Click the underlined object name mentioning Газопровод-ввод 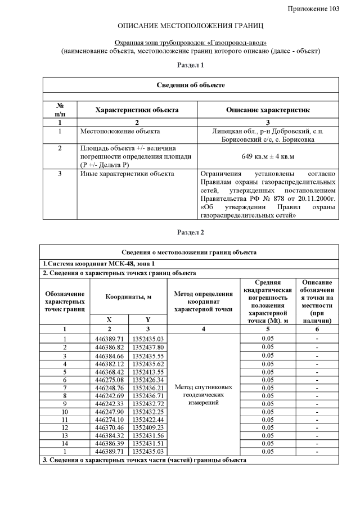tap(190, 43)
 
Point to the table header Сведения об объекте tap(190, 85)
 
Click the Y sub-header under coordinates tap(148, 318)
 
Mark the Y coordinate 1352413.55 tap(148, 372)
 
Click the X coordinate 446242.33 tap(109, 404)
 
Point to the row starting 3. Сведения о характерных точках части tap(145, 460)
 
